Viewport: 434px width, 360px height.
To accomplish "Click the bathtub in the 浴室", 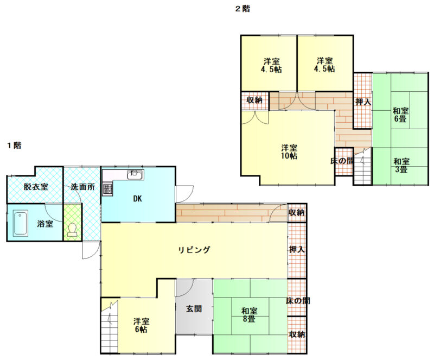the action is pos(21,223).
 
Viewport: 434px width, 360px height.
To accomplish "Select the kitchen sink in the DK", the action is pos(135,175).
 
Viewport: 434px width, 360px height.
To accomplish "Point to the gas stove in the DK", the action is pos(108,189).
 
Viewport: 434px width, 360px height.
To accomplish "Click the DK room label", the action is pos(138,198).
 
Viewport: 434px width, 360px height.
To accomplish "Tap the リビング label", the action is pos(194,250).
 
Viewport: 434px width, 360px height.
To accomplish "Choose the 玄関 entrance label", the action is pos(194,308).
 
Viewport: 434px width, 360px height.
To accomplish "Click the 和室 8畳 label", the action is pos(249,315).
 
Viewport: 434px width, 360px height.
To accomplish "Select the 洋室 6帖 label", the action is pos(141,325).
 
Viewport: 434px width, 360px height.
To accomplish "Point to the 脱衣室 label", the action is pos(36,186).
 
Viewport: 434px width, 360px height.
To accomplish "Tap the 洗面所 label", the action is pos(83,186).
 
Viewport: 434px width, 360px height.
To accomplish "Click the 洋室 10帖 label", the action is pos(289,151).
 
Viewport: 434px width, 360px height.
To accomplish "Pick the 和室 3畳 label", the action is pos(401,165).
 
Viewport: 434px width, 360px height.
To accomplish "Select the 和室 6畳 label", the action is pos(400,115).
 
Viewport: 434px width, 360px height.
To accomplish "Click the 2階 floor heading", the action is pos(242,9).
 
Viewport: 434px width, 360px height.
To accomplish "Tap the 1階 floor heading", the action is pos(15,145).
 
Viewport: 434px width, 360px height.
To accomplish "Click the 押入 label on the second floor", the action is pos(363,102).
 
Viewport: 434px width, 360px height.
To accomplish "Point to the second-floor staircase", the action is pos(362,166).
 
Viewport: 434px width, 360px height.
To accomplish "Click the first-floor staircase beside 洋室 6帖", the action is pos(110,326).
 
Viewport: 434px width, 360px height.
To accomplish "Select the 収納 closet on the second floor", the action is pos(254,100).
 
